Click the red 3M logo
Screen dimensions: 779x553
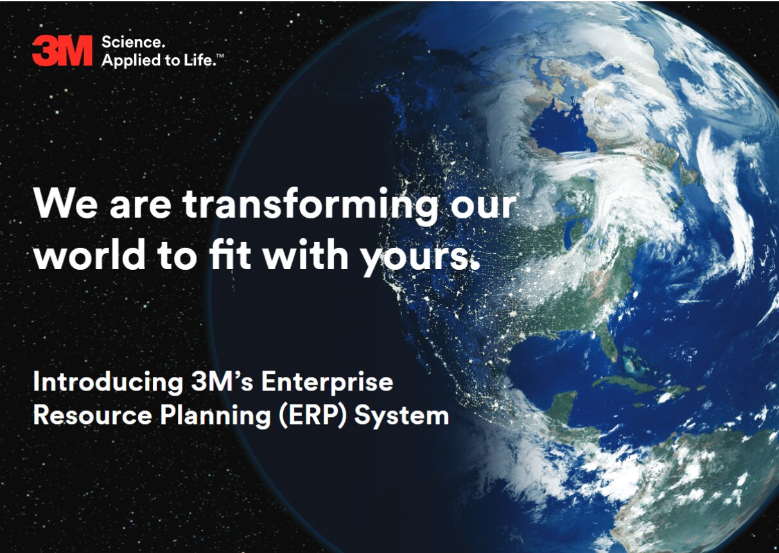click(x=62, y=50)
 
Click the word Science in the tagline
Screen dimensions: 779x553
click(x=132, y=42)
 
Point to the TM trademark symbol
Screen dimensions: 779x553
click(x=220, y=56)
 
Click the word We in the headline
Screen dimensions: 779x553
click(x=66, y=204)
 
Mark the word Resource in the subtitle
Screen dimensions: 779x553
click(x=92, y=416)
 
